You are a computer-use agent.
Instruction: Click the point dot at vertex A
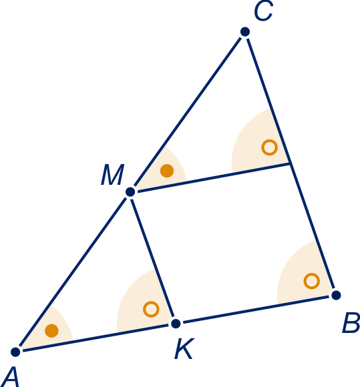[x=15, y=352]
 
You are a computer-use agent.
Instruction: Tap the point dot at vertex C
[x=245, y=32]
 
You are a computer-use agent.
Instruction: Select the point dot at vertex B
[x=336, y=295]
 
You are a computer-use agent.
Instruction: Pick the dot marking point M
[x=130, y=191]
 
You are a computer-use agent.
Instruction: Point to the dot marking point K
[x=176, y=324]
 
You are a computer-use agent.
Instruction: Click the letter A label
[x=11, y=377]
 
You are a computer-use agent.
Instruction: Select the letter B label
[x=351, y=322]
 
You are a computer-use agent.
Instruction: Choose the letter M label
[x=112, y=175]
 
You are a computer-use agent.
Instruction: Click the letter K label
[x=184, y=348]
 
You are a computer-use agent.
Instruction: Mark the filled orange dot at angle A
[x=51, y=331]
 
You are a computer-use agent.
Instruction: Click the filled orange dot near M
[x=167, y=171]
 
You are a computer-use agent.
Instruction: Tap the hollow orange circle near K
[x=151, y=309]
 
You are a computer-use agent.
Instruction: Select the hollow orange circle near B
[x=311, y=281]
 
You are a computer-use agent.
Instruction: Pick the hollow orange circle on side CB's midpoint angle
[x=269, y=147]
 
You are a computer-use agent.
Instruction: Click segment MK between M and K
[x=153, y=258]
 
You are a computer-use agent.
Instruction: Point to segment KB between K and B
[x=256, y=309]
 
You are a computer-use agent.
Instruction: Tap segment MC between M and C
[x=188, y=112]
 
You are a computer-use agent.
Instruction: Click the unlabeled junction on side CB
[x=291, y=163]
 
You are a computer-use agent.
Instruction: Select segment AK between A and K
[x=96, y=338]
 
